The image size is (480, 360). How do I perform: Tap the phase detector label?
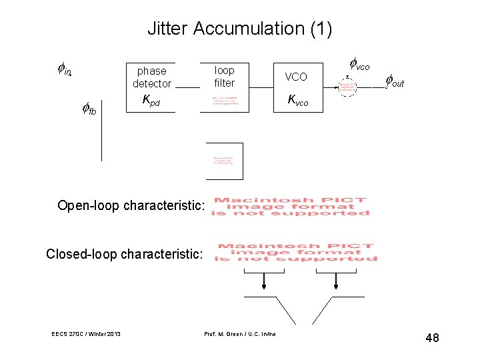pyautogui.click(x=152, y=77)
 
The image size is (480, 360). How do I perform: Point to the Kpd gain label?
pyautogui.click(x=151, y=101)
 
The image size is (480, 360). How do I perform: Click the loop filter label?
pyautogui.click(x=225, y=76)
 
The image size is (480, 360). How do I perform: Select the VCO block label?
pyautogui.click(x=296, y=77)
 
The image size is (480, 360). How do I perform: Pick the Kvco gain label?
pyautogui.click(x=297, y=101)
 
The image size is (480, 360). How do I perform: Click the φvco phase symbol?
pyautogui.click(x=359, y=65)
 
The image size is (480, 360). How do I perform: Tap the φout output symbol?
pyautogui.click(x=395, y=81)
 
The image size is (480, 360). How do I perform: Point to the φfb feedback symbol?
pyautogui.click(x=89, y=109)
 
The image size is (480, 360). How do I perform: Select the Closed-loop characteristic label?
pyautogui.click(x=124, y=254)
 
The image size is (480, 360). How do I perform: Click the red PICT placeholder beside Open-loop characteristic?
pyautogui.click(x=291, y=206)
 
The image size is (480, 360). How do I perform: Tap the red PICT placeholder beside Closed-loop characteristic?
pyautogui.click(x=297, y=253)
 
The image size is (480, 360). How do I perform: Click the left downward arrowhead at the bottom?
pyautogui.click(x=265, y=286)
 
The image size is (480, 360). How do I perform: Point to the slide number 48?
pyautogui.click(x=432, y=338)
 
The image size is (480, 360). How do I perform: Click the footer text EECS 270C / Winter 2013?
pyautogui.click(x=86, y=333)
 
